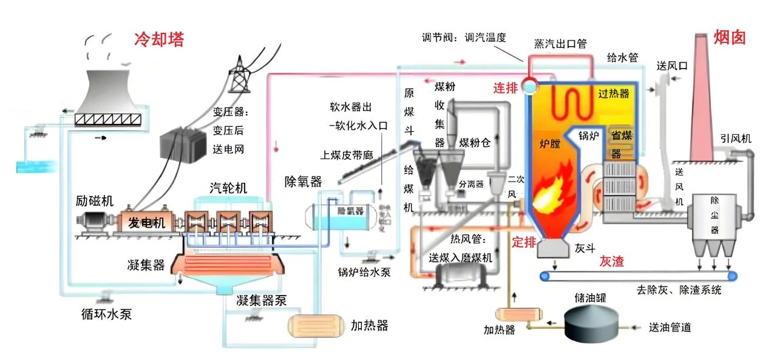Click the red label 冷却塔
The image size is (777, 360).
click(x=158, y=39)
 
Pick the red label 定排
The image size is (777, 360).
click(x=524, y=242)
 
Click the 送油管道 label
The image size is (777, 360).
click(x=670, y=328)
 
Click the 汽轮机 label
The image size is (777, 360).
click(x=228, y=188)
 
